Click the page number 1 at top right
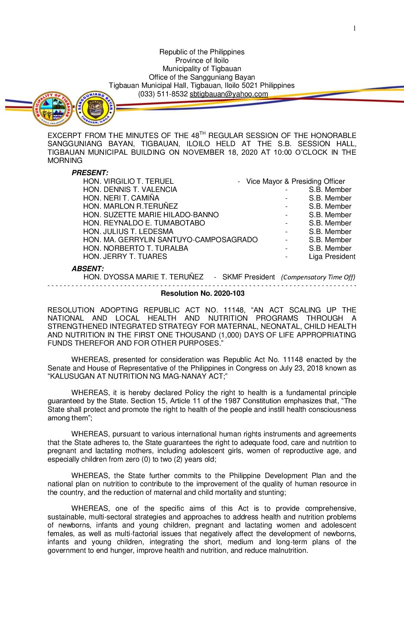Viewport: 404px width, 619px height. click(x=355, y=28)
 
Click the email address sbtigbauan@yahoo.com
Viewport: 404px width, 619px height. click(x=229, y=94)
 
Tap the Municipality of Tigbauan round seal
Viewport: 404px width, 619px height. click(x=52, y=109)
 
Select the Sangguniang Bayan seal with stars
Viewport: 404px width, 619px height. click(x=95, y=109)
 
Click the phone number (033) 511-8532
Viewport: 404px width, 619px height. click(x=163, y=94)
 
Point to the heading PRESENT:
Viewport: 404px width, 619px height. click(x=90, y=173)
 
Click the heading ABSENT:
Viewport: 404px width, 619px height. click(x=88, y=269)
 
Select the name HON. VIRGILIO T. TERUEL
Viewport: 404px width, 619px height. click(x=128, y=182)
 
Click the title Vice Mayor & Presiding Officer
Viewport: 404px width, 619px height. click(x=296, y=182)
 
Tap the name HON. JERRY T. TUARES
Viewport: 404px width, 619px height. click(x=125, y=257)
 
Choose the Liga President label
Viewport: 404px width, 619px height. click(x=332, y=257)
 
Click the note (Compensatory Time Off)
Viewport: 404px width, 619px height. click(x=318, y=277)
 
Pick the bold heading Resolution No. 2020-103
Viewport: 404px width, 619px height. click(x=202, y=294)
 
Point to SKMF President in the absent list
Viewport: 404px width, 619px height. click(x=248, y=277)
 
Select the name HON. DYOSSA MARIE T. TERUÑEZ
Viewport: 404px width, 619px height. click(x=143, y=277)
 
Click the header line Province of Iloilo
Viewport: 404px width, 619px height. click(x=202, y=61)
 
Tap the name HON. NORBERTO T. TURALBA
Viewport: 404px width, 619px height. click(x=136, y=248)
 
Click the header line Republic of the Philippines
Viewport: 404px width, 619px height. click(x=202, y=52)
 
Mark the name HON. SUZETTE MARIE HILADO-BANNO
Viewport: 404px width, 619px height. click(x=151, y=215)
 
